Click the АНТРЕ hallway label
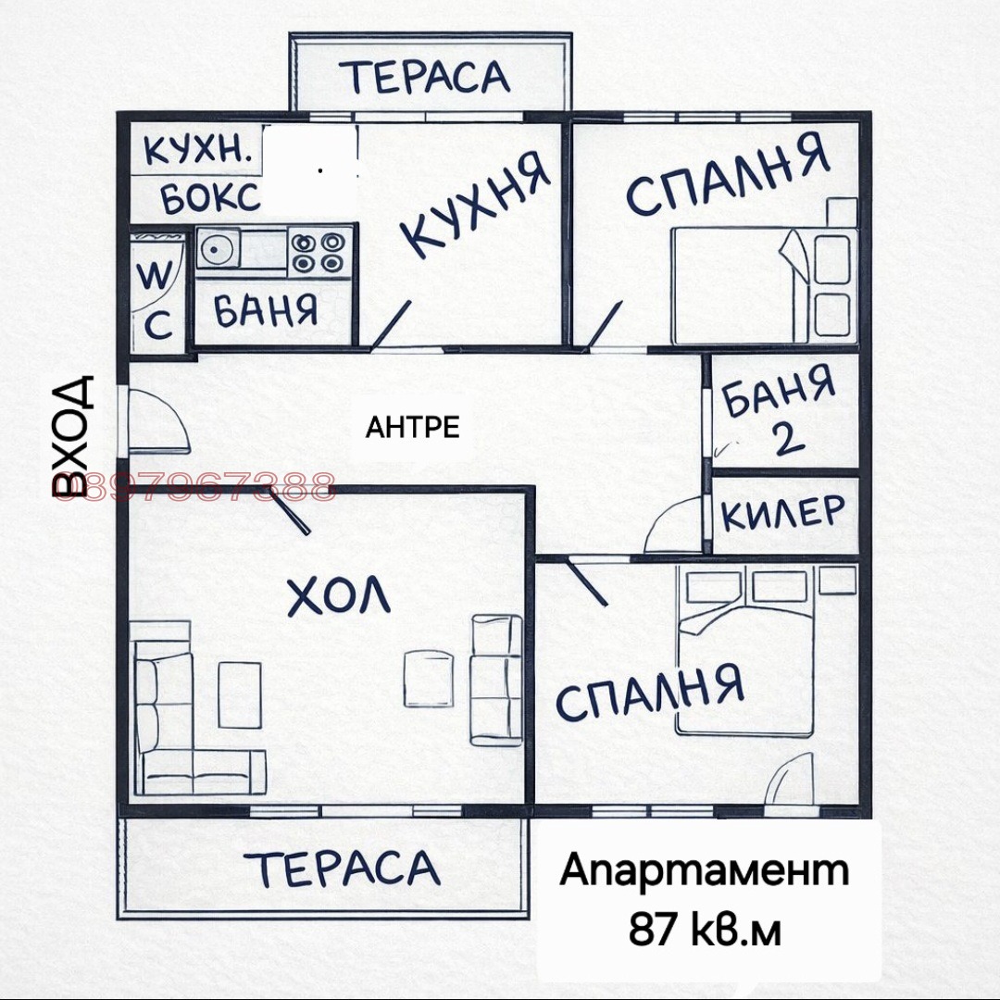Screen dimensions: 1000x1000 (x=413, y=427)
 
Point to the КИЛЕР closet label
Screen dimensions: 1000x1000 (x=783, y=513)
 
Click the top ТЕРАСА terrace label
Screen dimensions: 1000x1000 (x=430, y=76)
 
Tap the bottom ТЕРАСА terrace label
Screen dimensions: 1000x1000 (x=344, y=868)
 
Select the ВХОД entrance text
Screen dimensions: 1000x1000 (x=73, y=434)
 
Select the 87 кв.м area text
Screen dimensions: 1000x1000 (x=705, y=929)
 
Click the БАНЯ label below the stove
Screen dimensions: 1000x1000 (x=266, y=310)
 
